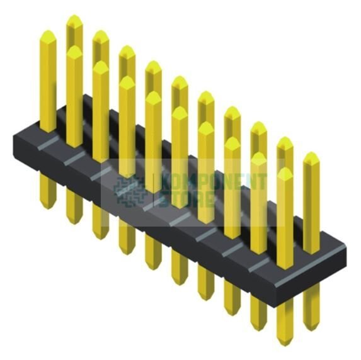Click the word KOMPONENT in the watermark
(x=214, y=182)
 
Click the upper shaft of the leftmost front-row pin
(x=48, y=76)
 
